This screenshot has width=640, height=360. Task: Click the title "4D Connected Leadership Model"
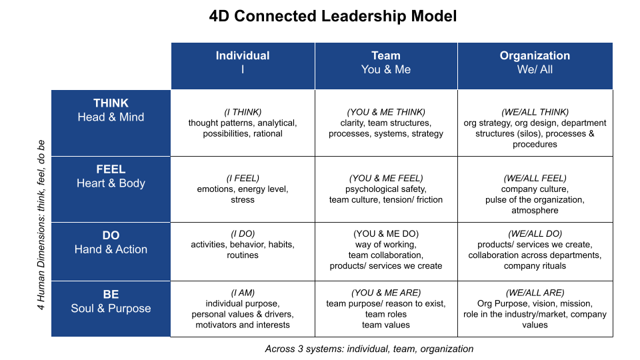click(333, 17)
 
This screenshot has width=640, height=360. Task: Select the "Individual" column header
click(243, 56)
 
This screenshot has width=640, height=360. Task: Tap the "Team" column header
click(386, 56)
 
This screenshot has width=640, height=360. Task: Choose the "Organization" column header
click(535, 56)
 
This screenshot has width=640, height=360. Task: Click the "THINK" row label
click(111, 103)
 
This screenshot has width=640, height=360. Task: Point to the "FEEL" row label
click(111, 169)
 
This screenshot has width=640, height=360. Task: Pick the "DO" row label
click(111, 235)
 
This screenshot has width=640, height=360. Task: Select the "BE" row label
click(111, 295)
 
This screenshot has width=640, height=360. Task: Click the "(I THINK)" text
click(243, 112)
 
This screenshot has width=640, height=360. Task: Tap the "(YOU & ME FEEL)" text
click(386, 178)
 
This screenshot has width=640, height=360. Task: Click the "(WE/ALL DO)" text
click(535, 234)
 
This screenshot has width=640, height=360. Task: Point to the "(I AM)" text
click(243, 293)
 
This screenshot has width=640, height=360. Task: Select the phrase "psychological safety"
click(386, 189)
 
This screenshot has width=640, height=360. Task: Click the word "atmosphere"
click(535, 210)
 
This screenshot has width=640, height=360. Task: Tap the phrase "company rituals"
click(535, 266)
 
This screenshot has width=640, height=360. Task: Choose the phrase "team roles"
click(386, 314)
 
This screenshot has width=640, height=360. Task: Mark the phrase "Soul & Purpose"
click(111, 309)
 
